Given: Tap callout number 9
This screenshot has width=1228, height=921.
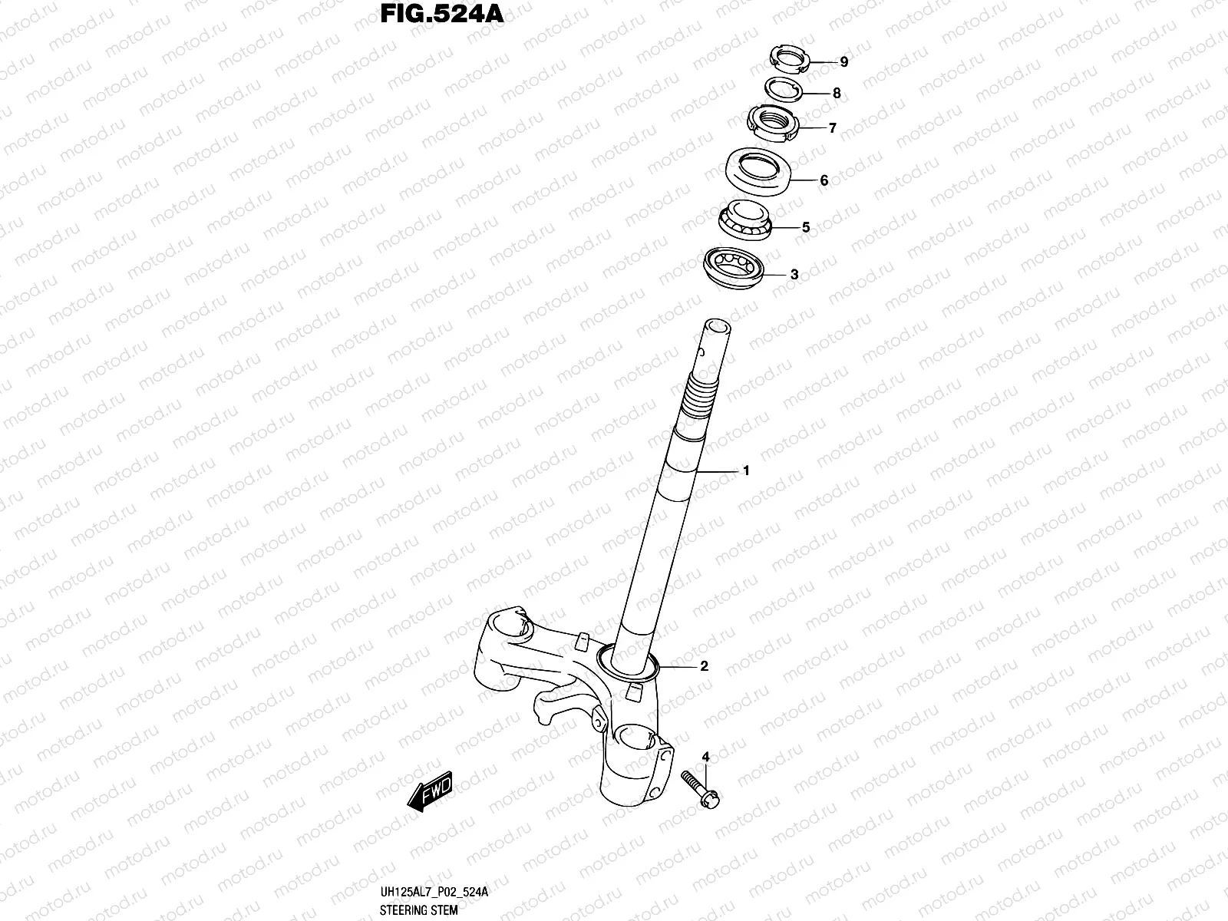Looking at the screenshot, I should (843, 62).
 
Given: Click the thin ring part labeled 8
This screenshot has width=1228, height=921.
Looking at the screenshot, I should (783, 88).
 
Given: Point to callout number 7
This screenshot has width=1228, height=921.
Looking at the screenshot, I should (832, 128).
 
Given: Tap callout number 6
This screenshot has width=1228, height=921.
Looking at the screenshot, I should (824, 181).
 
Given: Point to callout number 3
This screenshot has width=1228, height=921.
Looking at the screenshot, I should (794, 274).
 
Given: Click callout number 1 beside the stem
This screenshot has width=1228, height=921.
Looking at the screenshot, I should (745, 471).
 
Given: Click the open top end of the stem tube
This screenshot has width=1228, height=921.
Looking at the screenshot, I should (718, 328).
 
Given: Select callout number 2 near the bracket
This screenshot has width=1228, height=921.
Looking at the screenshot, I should (704, 666).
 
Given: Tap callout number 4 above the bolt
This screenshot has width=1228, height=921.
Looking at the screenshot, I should (705, 758).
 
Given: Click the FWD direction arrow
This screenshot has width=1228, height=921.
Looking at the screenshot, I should (431, 791).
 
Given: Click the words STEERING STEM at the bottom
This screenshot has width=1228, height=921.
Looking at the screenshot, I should (419, 910).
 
